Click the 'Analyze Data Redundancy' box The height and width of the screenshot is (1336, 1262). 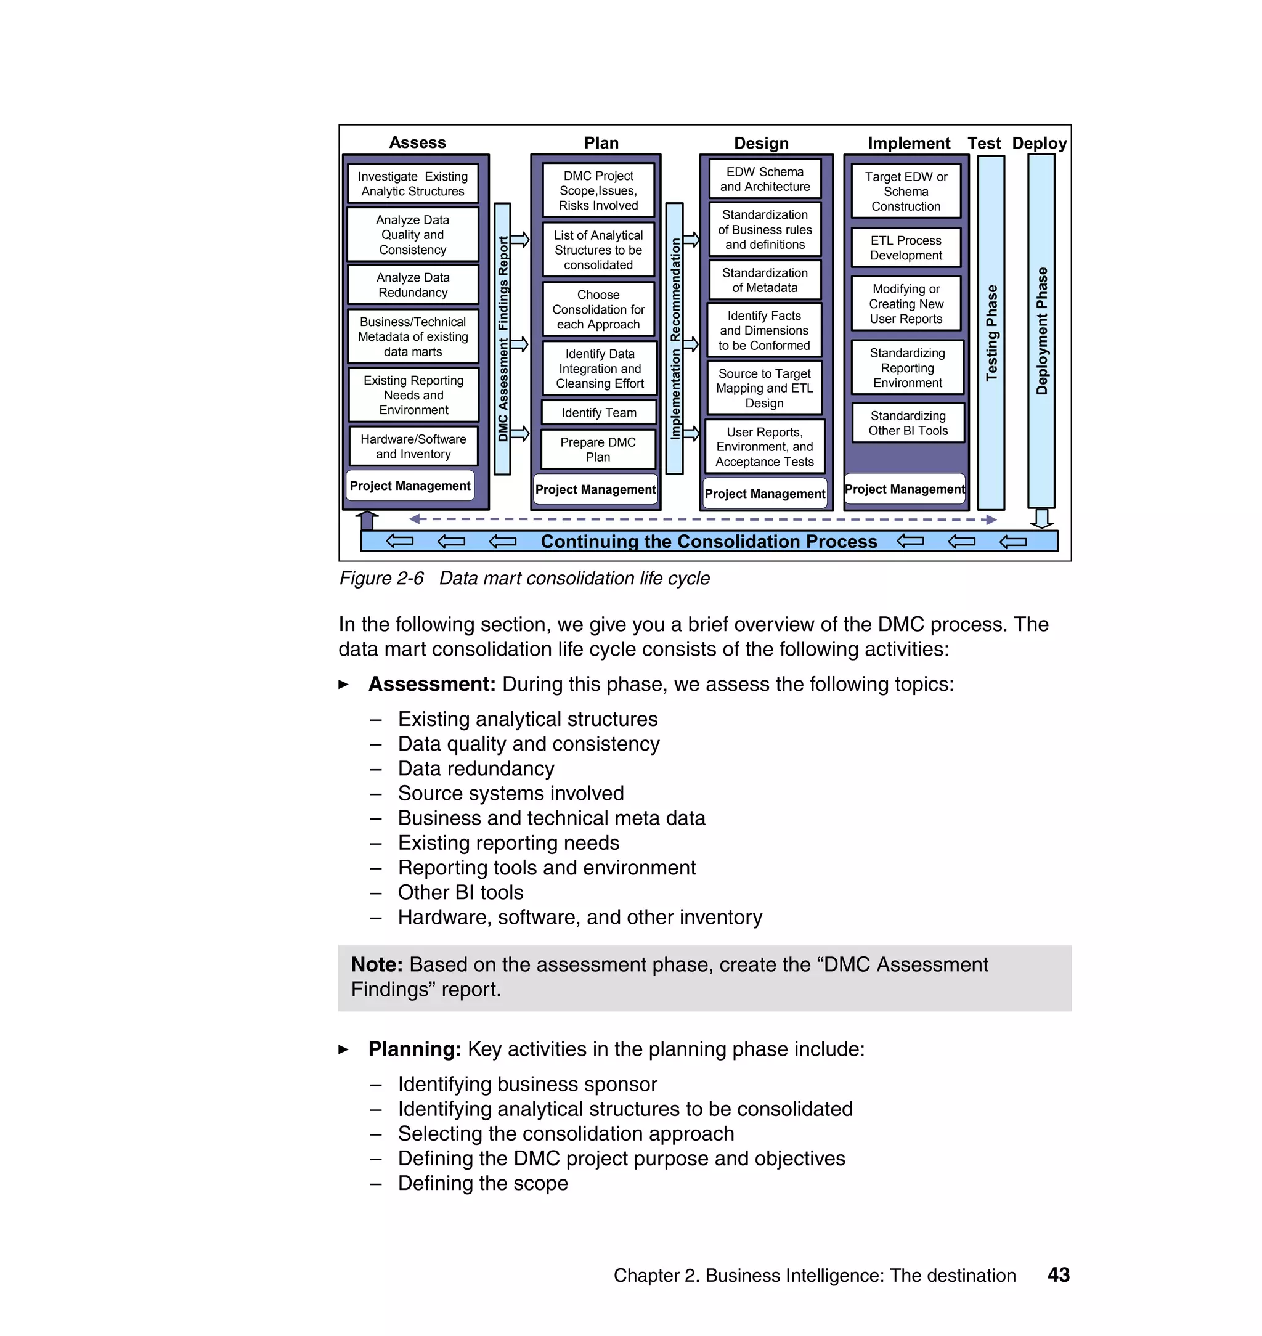(412, 285)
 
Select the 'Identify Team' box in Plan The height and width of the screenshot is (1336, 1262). (599, 412)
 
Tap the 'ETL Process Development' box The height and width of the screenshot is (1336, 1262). (905, 248)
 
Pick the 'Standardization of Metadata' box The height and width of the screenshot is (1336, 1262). (765, 280)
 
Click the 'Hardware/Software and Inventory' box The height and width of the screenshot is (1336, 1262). (413, 446)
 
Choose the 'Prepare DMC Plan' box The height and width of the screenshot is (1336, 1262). (598, 449)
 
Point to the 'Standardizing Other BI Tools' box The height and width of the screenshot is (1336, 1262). (908, 423)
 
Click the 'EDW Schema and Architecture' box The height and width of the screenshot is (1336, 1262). (765, 179)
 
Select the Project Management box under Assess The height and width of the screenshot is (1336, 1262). (410, 486)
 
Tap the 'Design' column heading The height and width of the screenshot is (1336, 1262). (761, 144)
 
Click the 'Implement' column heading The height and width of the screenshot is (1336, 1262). (908, 144)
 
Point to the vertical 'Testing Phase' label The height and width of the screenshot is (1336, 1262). (991, 333)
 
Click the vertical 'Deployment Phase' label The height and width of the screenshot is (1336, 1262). (1041, 331)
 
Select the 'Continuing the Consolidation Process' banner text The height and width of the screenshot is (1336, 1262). (709, 542)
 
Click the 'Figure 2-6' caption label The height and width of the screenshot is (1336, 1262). (381, 579)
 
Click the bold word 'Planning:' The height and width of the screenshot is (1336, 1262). (414, 1049)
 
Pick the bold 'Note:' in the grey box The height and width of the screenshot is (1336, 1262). (377, 964)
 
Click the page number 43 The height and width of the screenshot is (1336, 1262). (1058, 1275)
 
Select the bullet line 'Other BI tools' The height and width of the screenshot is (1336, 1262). (460, 893)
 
